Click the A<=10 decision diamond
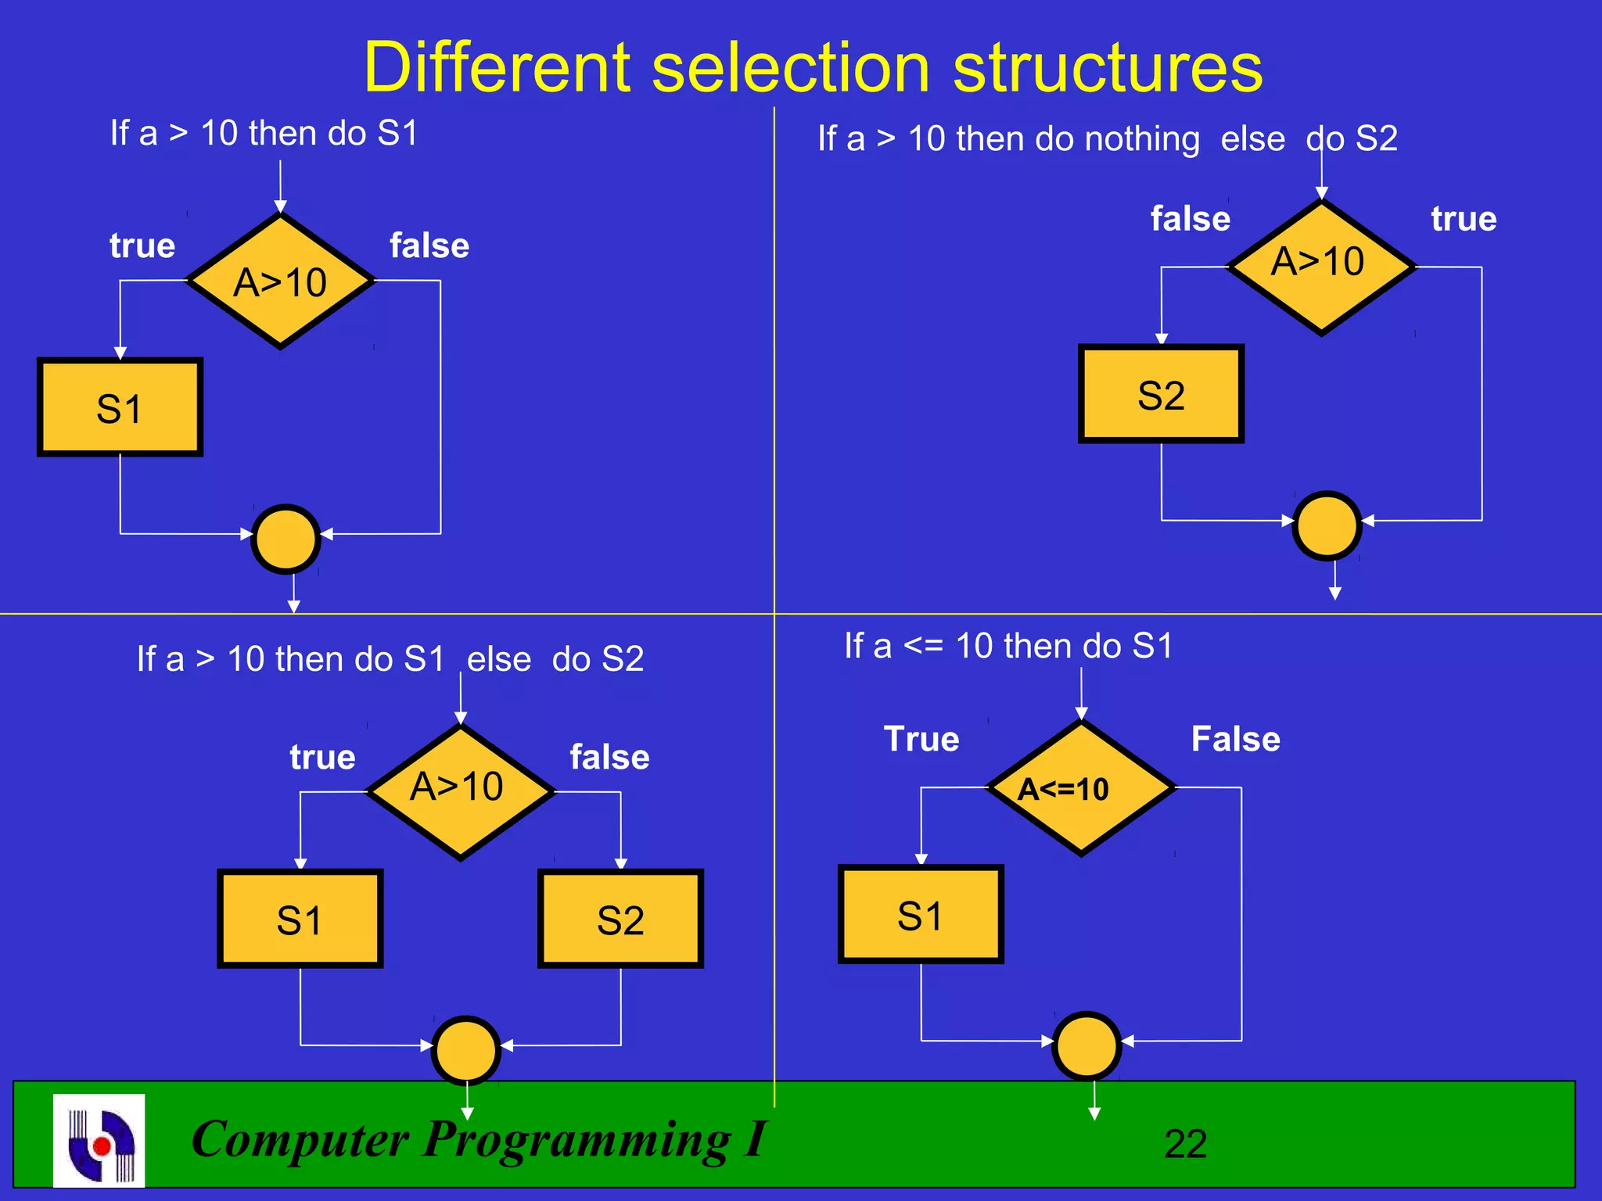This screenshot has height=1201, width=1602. tap(1081, 788)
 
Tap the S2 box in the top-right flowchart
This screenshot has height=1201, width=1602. tap(1161, 394)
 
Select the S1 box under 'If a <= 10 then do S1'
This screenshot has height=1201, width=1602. tap(921, 915)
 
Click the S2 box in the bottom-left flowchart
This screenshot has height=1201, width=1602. tap(620, 920)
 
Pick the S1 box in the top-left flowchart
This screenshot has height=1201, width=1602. tap(120, 407)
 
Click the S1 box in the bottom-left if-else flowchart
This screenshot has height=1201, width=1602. tap(300, 920)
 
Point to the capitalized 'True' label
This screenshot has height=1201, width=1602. tap(921, 739)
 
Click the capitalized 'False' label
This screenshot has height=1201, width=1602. tap(1235, 739)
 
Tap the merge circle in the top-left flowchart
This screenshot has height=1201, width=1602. tap(286, 539)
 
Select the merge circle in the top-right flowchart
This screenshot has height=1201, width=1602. tap(1327, 525)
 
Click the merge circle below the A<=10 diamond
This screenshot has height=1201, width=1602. tap(1087, 1046)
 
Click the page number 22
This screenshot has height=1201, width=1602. tap(1185, 1144)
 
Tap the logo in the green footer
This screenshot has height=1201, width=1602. tap(99, 1140)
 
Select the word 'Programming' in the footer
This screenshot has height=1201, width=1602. tap(577, 1140)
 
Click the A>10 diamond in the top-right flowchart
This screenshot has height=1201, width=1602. tap(1321, 267)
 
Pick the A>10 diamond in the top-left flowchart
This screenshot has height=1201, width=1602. tap(281, 281)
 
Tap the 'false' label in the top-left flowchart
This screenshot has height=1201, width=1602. tap(429, 246)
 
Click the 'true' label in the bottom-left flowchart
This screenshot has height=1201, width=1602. tap(322, 757)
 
